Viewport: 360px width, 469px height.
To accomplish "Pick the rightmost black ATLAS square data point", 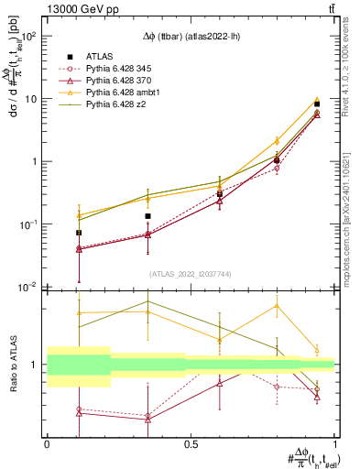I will tap(317, 104).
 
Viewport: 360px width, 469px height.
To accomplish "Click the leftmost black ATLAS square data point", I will tap(79, 233).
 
